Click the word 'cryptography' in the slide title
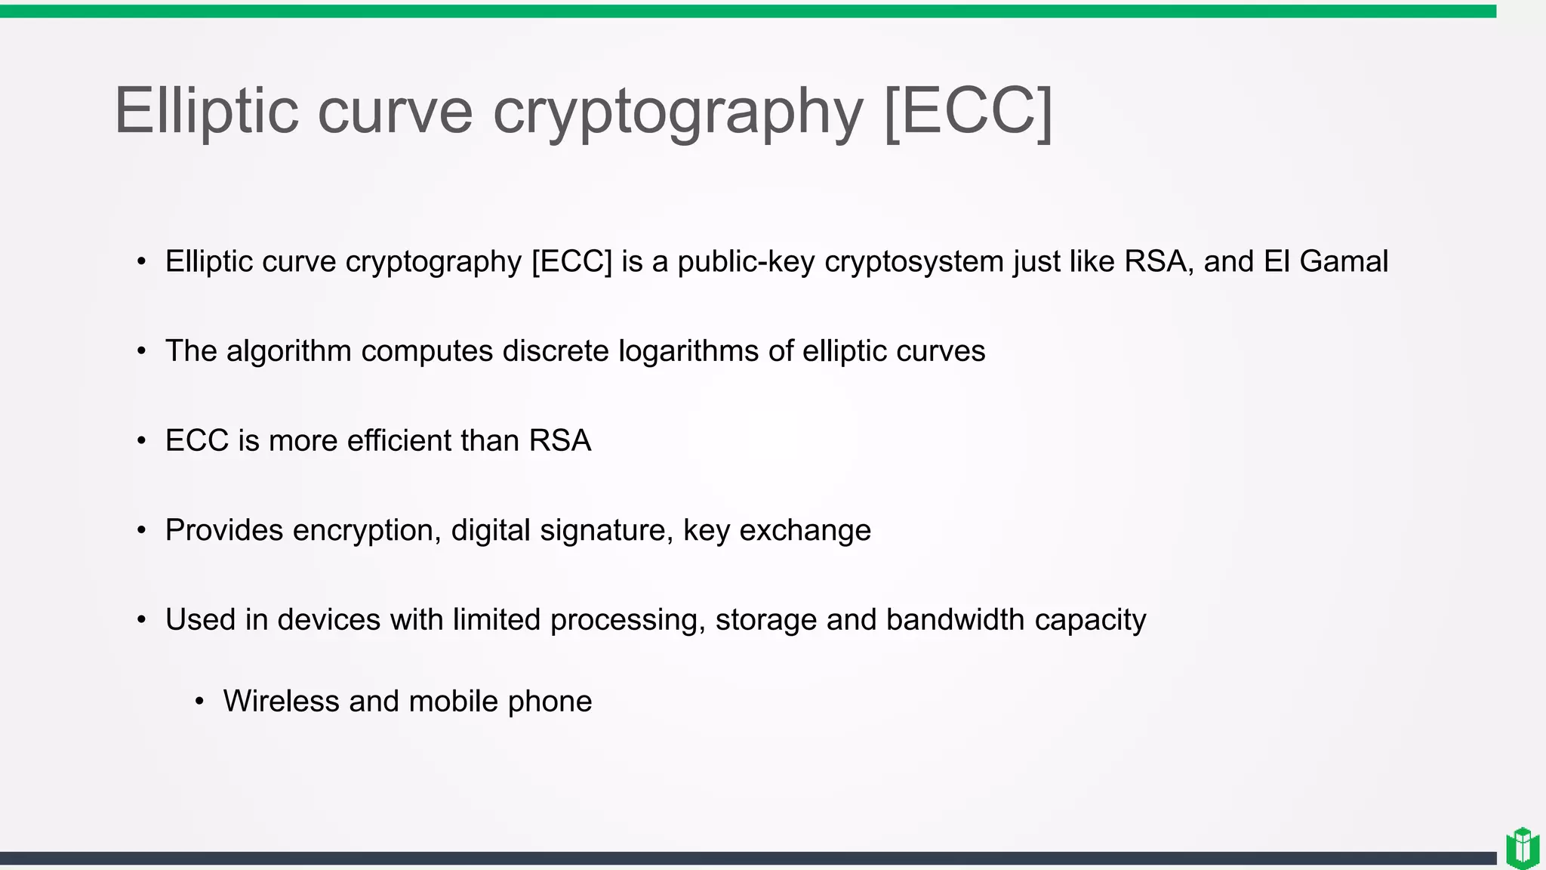677,111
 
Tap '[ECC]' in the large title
968,111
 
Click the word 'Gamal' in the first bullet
1344,261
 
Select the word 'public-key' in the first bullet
746,261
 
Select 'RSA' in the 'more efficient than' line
559,441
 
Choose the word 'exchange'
805,530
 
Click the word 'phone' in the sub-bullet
550,702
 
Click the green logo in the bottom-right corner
1523,847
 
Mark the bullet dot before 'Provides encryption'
142,530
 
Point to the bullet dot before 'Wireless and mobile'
199,702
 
